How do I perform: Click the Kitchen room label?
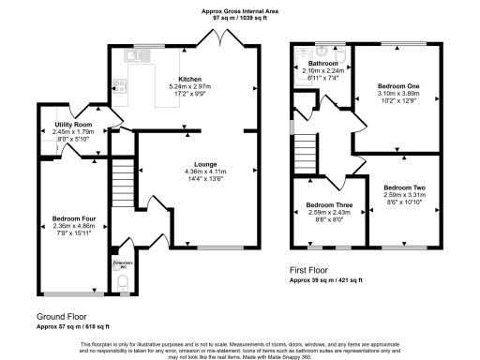click(x=190, y=80)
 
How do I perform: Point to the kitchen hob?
click(x=120, y=84)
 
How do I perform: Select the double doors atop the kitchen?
click(x=218, y=40)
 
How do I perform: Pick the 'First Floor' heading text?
click(x=314, y=269)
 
